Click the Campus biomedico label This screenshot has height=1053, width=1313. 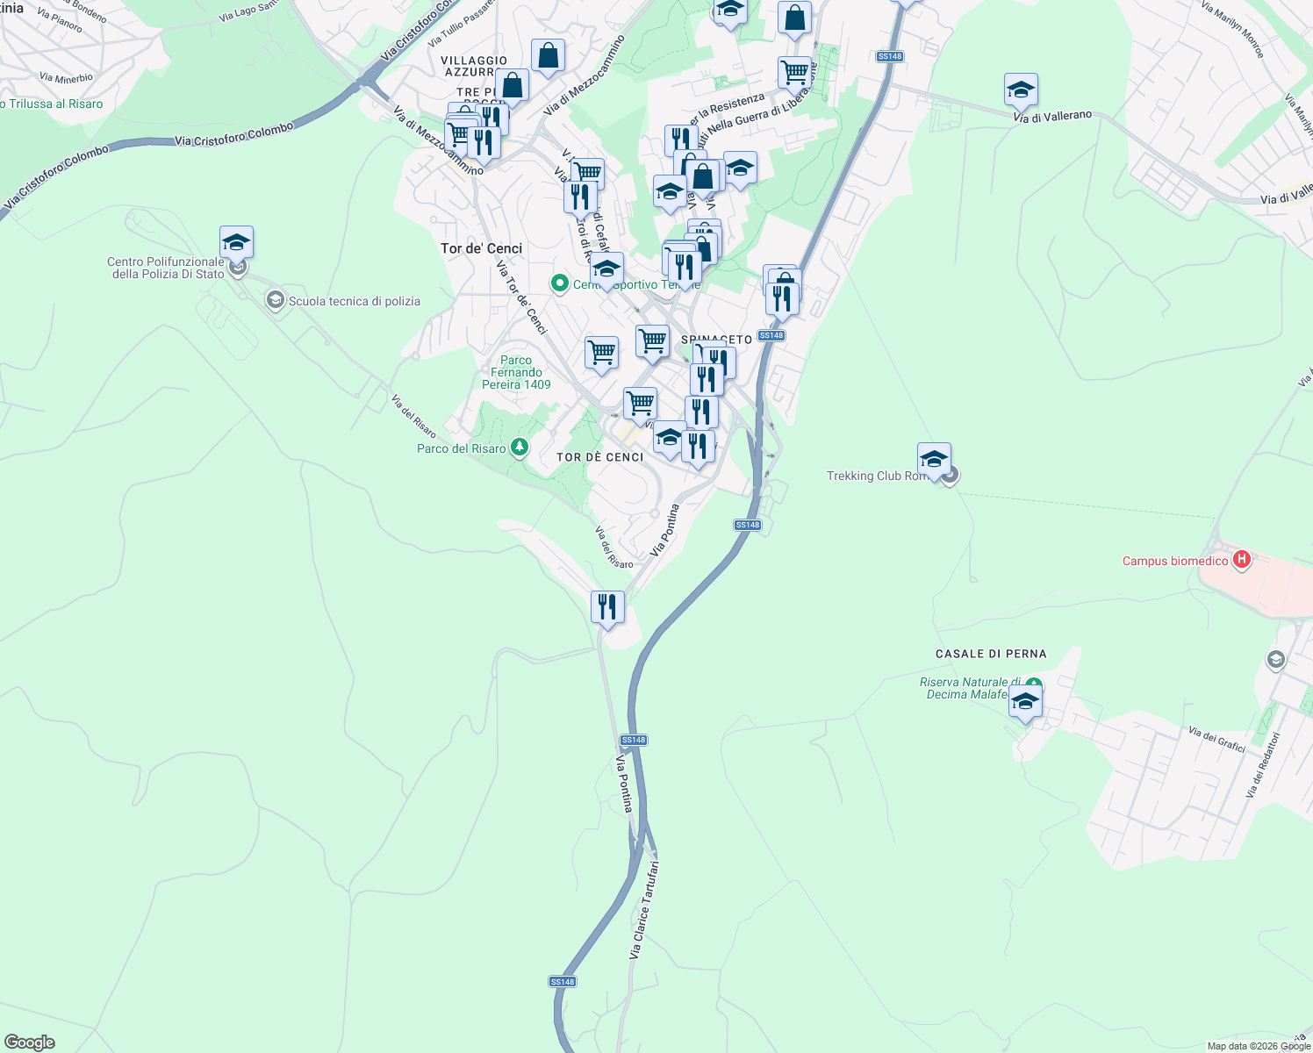[x=1174, y=561]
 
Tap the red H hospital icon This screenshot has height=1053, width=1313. [x=1241, y=559]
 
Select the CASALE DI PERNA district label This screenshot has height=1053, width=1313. [x=990, y=654]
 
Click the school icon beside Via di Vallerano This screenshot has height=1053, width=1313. [x=1021, y=90]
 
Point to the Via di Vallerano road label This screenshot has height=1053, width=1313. [x=1052, y=117]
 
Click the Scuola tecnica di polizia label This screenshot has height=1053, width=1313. [x=354, y=301]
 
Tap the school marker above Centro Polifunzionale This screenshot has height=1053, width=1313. [x=236, y=242]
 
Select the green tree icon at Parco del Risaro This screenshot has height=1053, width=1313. [x=520, y=448]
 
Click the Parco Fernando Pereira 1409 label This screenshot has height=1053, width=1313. [x=516, y=372]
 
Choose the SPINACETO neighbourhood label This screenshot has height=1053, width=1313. [x=716, y=340]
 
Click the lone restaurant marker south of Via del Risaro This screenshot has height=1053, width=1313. [x=607, y=606]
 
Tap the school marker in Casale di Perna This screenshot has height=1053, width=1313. [x=1024, y=702]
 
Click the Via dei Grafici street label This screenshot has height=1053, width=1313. [x=1216, y=739]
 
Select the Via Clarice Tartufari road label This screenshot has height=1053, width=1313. [x=643, y=909]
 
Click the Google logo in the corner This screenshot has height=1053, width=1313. [x=29, y=1042]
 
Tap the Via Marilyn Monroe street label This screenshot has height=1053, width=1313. [x=1233, y=29]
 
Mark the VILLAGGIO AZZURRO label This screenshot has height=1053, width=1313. [x=474, y=66]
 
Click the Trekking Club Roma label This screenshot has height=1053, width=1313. [x=876, y=476]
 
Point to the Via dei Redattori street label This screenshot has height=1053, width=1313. [x=1264, y=764]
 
